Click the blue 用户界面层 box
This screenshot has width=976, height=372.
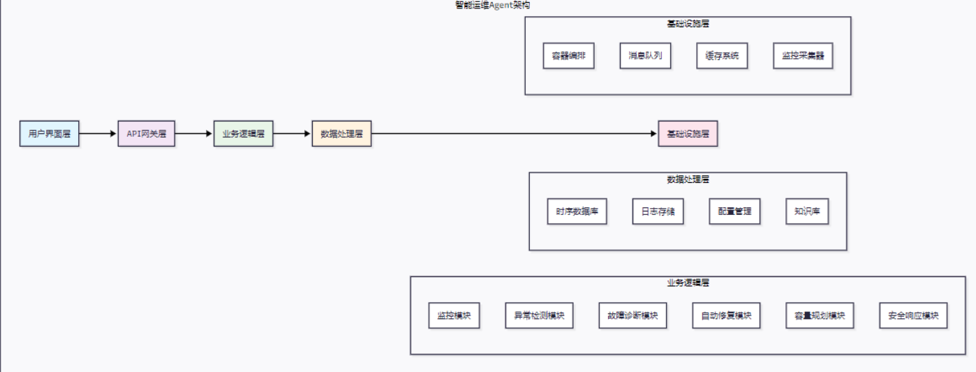[50, 133]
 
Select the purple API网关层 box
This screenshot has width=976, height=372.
[146, 133]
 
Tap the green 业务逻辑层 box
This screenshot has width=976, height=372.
[243, 133]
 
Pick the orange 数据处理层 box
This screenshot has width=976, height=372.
[341, 133]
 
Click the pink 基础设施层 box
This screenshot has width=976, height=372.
[688, 133]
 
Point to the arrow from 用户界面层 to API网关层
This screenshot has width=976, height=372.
[98, 133]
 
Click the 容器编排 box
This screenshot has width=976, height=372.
[569, 56]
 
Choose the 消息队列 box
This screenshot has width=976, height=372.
[645, 56]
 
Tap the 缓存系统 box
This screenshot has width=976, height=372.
[722, 56]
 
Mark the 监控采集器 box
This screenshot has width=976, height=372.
[803, 56]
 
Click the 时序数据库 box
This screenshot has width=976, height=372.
[577, 211]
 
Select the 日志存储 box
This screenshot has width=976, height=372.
[658, 211]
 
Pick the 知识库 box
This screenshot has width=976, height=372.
[807, 211]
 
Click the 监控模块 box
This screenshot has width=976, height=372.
[454, 315]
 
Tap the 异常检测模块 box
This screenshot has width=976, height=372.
[539, 315]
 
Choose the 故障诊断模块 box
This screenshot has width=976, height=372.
[633, 315]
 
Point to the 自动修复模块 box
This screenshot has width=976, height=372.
[726, 315]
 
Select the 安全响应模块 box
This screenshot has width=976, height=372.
[913, 315]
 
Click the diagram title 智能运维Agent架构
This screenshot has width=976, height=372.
[487, 5]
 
